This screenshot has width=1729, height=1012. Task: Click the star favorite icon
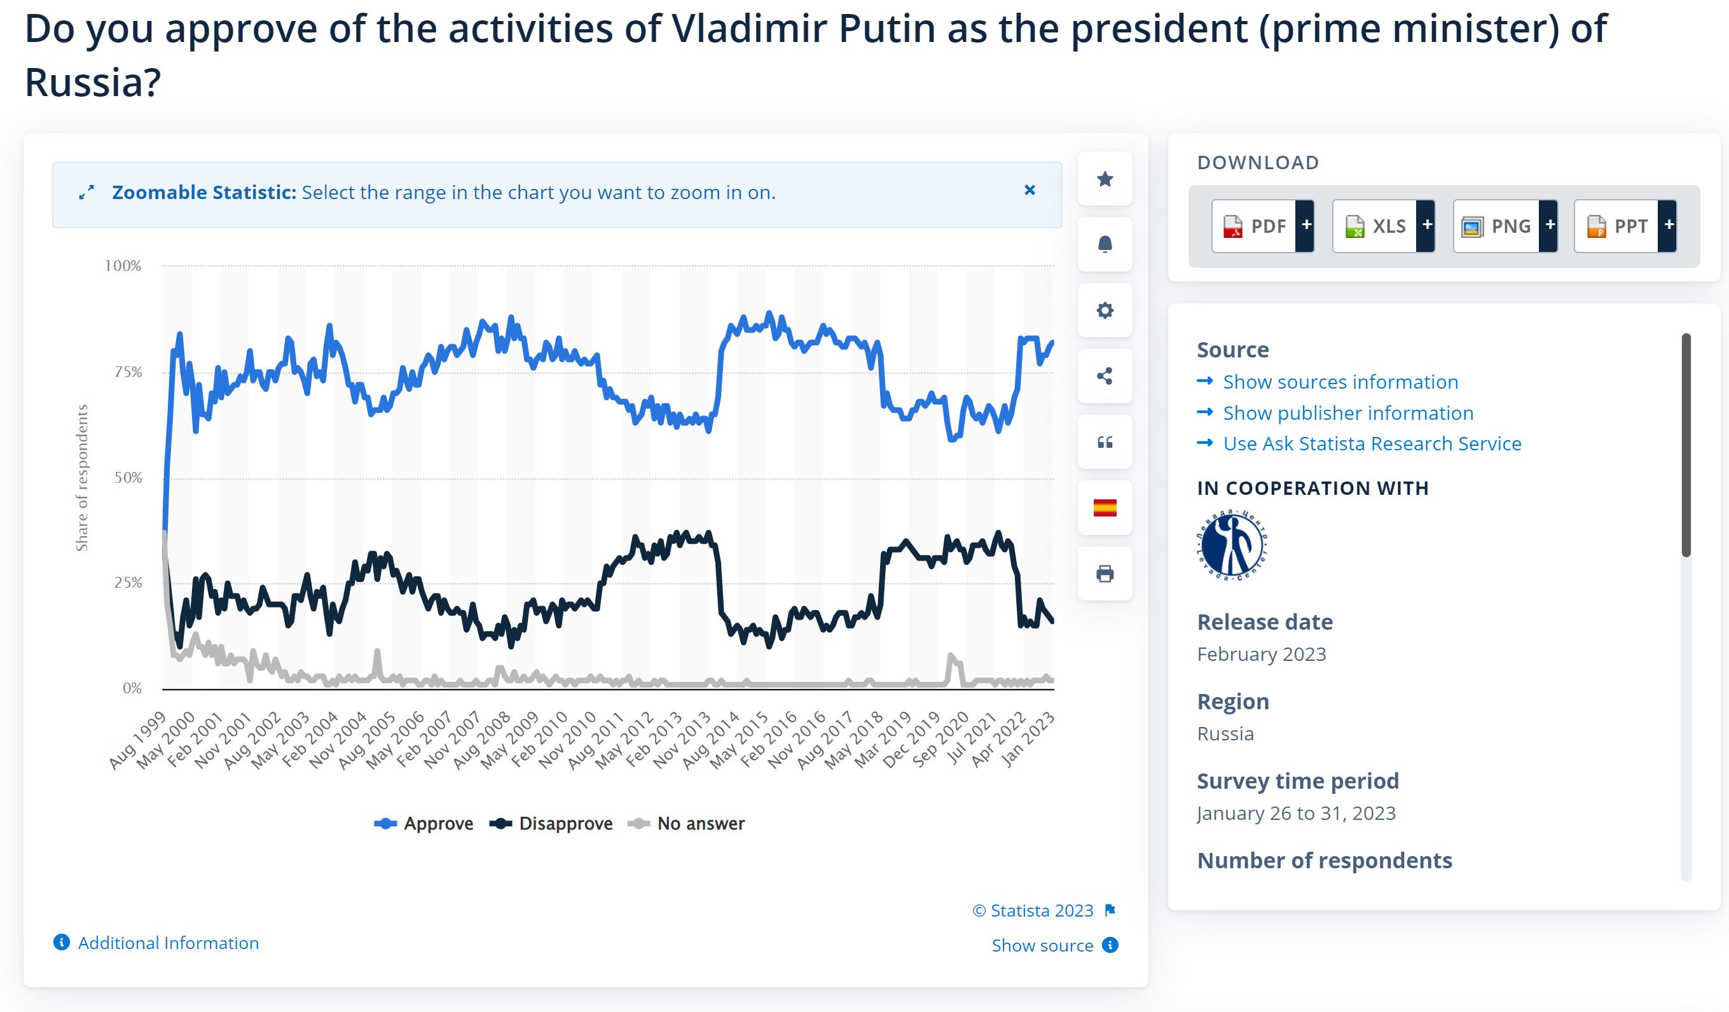coord(1105,179)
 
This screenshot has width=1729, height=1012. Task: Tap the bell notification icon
coord(1105,244)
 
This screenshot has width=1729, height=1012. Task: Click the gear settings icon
coord(1105,310)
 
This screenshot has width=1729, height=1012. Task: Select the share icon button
coord(1105,376)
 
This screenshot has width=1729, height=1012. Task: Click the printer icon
coord(1105,574)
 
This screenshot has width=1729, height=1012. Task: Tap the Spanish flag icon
coord(1105,508)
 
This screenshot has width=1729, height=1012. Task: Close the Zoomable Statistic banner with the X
coord(1029,190)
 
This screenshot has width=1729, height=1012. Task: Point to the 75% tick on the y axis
coord(128,372)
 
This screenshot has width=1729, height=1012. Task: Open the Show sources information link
coord(1340,382)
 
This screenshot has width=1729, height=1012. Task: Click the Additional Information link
coord(168,943)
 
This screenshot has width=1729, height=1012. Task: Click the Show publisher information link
coord(1347,413)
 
